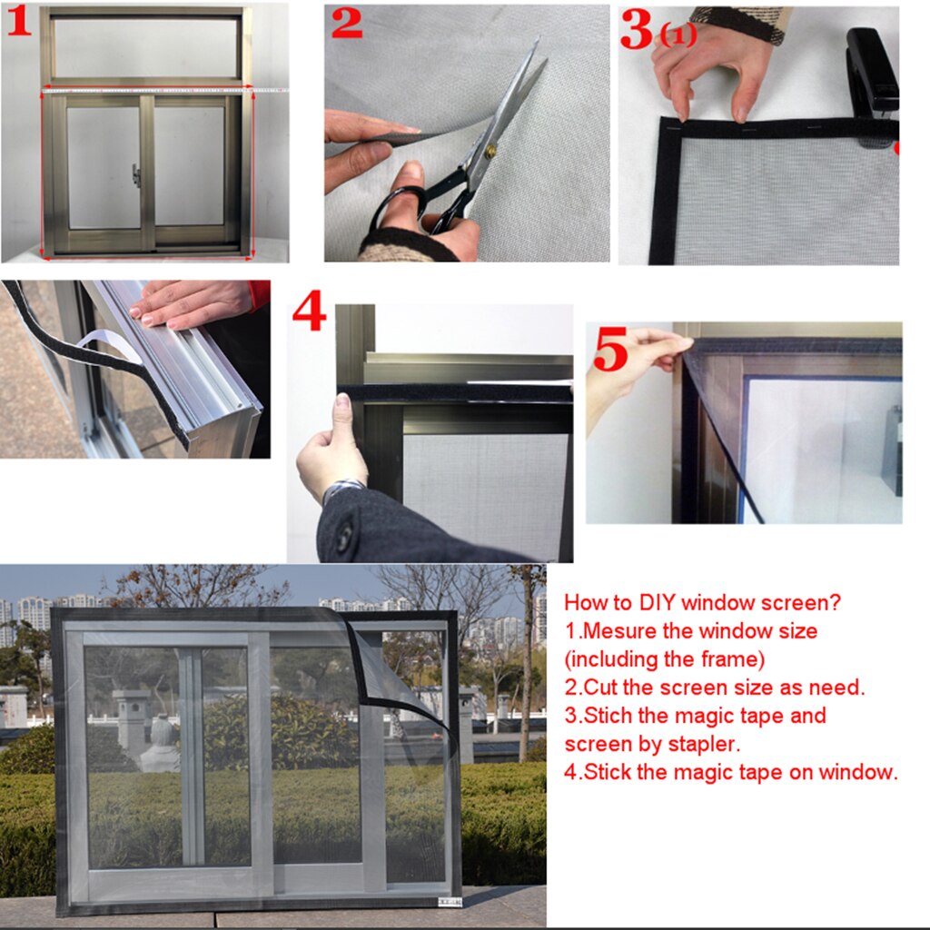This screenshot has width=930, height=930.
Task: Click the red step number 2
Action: [x=346, y=24]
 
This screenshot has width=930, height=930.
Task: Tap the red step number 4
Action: [x=309, y=313]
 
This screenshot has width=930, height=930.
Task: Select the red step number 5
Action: [x=610, y=351]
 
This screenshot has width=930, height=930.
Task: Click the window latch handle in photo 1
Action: [x=136, y=174]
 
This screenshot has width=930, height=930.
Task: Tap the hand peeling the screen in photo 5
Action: [x=636, y=363]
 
